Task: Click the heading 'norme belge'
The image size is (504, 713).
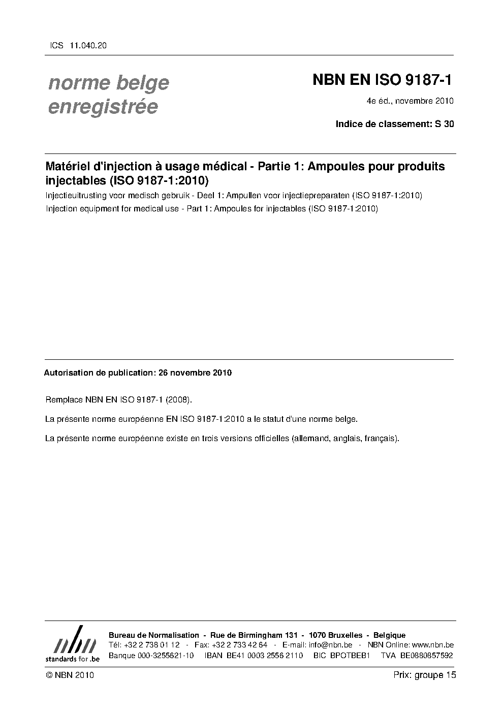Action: [108, 82]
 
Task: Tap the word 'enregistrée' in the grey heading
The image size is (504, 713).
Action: [103, 107]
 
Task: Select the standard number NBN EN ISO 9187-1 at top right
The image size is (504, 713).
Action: [382, 80]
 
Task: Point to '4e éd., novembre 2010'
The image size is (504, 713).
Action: [409, 101]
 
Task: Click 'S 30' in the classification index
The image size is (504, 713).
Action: [445, 123]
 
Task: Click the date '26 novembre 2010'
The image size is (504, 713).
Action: [195, 373]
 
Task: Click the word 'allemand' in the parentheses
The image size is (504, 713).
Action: [310, 438]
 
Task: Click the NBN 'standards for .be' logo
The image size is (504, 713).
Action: [72, 644]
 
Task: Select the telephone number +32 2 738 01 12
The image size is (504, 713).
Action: [151, 645]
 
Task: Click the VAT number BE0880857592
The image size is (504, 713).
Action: [426, 655]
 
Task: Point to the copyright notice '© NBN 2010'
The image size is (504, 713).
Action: [70, 675]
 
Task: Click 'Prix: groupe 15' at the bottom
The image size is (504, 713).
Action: [424, 675]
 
